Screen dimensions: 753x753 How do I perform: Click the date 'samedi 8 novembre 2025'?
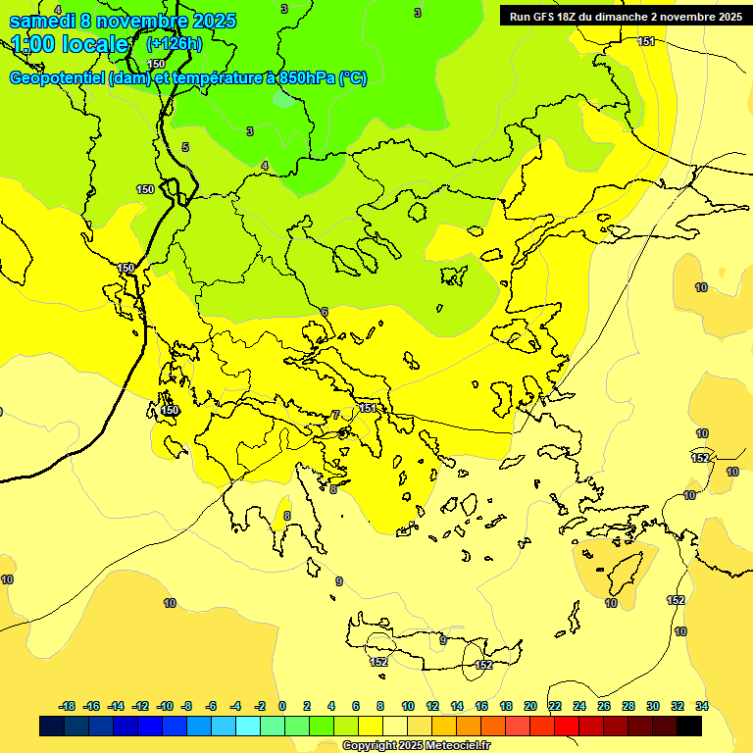123,21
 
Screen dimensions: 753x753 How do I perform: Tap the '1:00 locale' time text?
70,44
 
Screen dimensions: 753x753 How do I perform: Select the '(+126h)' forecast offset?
174,44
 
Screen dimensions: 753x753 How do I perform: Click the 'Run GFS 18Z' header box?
623,17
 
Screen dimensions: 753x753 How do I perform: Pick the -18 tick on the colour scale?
68,706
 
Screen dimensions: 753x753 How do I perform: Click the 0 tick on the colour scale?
282,706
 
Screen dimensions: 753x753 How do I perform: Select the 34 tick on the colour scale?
702,706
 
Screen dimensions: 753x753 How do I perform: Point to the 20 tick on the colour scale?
530,706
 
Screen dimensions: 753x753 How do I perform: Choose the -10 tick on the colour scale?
165,706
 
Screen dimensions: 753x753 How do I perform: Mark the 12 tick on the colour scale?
432,706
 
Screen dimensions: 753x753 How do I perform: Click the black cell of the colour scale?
689,727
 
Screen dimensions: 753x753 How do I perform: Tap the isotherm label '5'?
185,148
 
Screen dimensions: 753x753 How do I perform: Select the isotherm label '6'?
325,313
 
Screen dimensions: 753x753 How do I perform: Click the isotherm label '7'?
336,416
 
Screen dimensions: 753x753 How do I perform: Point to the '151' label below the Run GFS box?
647,41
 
